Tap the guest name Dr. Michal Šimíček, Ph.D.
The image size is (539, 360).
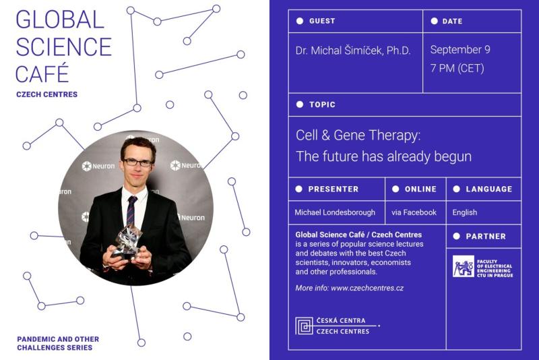coord(353,51)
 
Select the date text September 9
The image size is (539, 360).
coord(460,49)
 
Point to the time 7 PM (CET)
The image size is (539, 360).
coord(457,68)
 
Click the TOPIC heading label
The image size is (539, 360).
coord(322,104)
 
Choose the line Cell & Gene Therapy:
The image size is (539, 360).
coord(358,135)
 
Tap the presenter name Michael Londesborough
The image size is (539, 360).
coord(335,212)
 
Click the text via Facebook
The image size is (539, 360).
coord(414,212)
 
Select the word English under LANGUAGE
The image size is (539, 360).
coord(465,212)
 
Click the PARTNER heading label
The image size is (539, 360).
coord(486,237)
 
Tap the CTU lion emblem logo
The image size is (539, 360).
coord(464,266)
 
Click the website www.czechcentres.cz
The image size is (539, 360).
coord(367,288)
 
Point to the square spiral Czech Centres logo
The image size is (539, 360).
coord(305,326)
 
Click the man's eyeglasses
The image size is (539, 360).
coord(138,162)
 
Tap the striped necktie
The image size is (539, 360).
coord(131,210)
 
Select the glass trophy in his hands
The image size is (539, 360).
coord(127,241)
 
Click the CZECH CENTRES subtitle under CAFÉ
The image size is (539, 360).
coord(46,94)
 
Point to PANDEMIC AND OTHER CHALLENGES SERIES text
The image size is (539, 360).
coord(58,343)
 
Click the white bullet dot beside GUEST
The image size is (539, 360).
coord(300,21)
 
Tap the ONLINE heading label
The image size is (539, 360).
coord(420,189)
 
